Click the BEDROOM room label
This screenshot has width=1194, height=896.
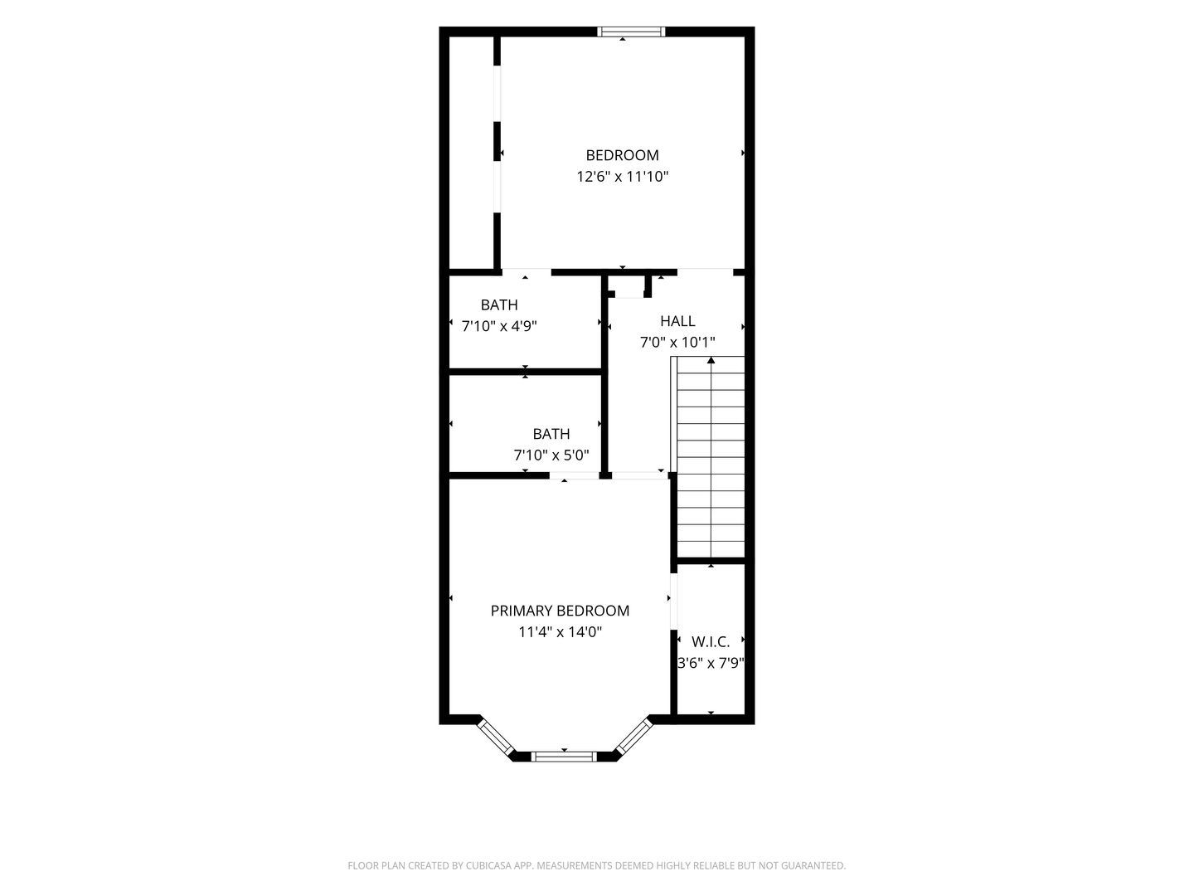pos(622,155)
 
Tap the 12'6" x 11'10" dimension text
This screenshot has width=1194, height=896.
pos(622,176)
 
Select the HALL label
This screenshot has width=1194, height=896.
pos(677,321)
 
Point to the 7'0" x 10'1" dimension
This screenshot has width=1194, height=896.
pos(677,342)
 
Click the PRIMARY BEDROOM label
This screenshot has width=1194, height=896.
pos(560,611)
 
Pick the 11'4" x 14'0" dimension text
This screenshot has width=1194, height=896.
pos(560,631)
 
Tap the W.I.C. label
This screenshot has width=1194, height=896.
pos(711,642)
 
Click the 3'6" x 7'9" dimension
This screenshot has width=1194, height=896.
pos(711,663)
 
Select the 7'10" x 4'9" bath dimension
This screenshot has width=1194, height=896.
pos(499,326)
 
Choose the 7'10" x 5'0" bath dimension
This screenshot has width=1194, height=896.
pos(551,455)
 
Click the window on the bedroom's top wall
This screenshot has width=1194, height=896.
pos(631,32)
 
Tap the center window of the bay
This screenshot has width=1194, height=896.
pos(564,756)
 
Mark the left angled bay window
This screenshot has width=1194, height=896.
pos(496,738)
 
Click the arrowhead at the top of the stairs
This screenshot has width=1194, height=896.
pos(711,359)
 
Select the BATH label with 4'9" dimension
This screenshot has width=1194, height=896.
pos(499,304)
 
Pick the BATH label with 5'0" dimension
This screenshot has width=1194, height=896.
pos(551,434)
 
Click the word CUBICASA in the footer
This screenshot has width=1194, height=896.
pos(489,865)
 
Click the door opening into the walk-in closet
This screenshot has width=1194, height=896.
pos(673,601)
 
